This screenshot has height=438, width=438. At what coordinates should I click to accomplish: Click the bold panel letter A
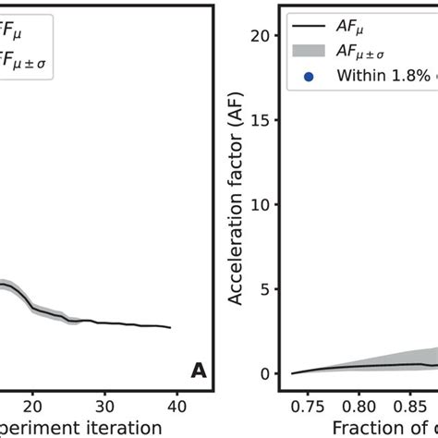tap(199, 371)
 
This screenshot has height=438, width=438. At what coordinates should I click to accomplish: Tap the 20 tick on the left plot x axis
tap(32, 405)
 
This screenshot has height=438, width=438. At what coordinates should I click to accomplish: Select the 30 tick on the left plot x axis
tap(105, 405)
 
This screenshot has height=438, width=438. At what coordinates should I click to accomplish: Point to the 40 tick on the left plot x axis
tap(178, 405)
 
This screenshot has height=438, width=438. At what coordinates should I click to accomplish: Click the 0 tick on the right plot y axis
tap(265, 373)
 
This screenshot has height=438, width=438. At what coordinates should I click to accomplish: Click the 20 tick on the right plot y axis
tap(262, 36)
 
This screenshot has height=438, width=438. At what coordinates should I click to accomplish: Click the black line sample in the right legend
tap(308, 28)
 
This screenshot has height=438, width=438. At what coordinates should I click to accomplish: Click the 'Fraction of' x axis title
tap(379, 428)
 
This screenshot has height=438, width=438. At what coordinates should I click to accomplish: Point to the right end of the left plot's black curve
tap(171, 327)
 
